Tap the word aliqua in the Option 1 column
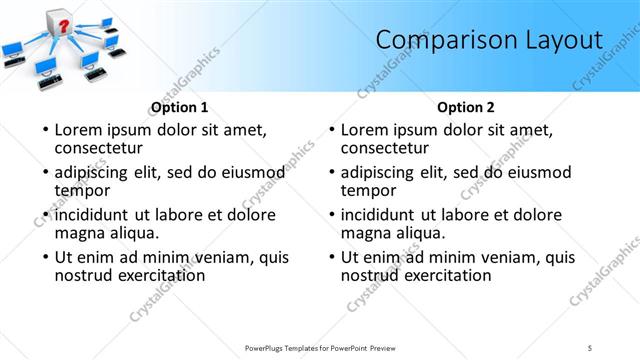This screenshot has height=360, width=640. [132, 232]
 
